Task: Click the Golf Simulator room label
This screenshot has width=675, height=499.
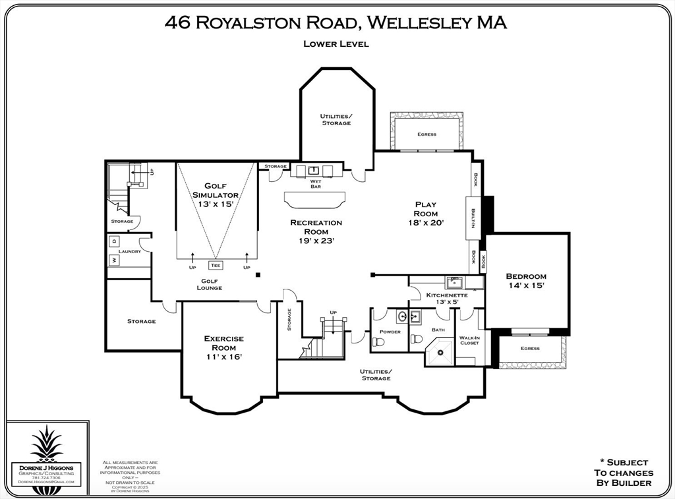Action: point(216,195)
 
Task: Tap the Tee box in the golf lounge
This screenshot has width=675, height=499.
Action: point(216,266)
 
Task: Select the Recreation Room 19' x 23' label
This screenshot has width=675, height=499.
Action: point(316,231)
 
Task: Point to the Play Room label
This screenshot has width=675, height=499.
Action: point(425,214)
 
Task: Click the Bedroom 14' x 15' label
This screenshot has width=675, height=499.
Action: point(526,281)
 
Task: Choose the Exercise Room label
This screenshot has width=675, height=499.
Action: point(223,347)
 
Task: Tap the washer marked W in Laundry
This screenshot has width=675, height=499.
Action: point(114,260)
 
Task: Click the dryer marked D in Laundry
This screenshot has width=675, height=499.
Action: point(114,241)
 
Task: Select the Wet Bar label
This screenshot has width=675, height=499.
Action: point(316,183)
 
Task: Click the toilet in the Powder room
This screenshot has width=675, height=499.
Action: point(378,341)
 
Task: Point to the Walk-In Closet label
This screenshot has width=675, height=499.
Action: point(469,340)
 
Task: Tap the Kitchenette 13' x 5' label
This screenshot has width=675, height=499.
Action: point(447,298)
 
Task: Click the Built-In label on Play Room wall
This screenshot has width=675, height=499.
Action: point(472,218)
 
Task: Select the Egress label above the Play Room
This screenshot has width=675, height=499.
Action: point(426,134)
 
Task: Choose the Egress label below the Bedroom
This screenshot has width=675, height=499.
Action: point(529,348)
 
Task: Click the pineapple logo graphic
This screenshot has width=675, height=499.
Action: point(46,443)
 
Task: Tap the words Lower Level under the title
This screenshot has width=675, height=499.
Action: point(336,44)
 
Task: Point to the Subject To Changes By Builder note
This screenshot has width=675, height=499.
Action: point(623,473)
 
